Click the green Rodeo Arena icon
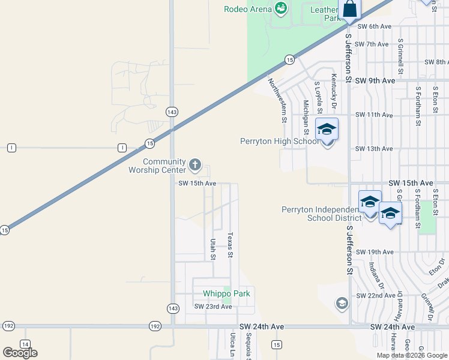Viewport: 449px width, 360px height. point(280,8)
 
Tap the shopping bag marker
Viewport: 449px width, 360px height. point(350,10)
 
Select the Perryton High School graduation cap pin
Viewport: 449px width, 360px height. point(327,130)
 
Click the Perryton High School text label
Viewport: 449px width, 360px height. point(280,142)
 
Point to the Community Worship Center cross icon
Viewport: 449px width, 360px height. point(194,164)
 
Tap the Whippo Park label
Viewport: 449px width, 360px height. point(226,293)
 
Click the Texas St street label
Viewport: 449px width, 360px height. point(229,245)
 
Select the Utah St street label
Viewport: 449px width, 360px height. point(212,249)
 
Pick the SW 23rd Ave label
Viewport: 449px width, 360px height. point(212,307)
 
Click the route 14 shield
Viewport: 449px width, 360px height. point(25,344)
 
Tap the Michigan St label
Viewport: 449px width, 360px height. point(306,117)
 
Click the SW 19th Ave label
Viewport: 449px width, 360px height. point(374,252)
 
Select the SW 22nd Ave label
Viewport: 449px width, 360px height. point(375,296)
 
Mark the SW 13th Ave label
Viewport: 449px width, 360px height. point(374,149)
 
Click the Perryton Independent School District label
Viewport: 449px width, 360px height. point(321,214)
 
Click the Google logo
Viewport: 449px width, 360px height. point(20,353)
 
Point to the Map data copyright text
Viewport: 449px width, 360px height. point(412,355)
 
